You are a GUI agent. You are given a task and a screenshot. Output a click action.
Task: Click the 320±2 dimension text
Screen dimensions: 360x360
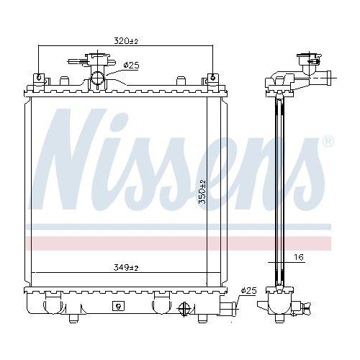click(x=125, y=41)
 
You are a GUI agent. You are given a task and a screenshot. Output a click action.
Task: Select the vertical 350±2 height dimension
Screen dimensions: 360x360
click(x=204, y=192)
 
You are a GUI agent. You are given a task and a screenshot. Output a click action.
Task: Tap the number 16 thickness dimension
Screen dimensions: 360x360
click(x=297, y=256)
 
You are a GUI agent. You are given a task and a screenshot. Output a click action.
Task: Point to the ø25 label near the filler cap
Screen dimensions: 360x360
click(x=130, y=65)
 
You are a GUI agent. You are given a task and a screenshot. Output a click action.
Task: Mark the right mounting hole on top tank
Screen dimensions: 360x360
click(x=212, y=77)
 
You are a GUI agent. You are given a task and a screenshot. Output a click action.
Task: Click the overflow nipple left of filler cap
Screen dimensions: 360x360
click(x=73, y=63)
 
